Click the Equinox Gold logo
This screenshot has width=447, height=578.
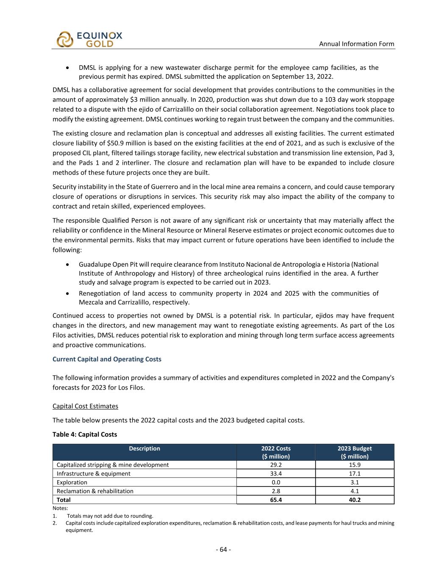(89, 39)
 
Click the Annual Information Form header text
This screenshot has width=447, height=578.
(356, 44)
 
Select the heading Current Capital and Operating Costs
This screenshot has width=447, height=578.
(107, 359)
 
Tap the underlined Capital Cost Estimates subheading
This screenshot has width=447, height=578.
(85, 406)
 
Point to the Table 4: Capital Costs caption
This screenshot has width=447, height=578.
(85, 434)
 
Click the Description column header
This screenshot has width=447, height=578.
(144, 449)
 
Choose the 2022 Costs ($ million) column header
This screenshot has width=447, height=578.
(276, 452)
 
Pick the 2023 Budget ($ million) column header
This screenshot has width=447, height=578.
(355, 452)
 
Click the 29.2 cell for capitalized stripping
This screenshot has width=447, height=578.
(276, 465)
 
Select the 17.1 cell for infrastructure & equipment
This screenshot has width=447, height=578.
(355, 474)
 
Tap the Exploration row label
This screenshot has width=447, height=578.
(72, 482)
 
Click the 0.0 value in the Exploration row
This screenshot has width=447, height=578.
(276, 482)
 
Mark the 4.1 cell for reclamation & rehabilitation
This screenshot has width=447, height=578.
(355, 491)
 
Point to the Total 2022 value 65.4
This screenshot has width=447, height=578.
(276, 500)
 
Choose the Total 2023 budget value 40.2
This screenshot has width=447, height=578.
(355, 500)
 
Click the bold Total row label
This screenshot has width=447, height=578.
(64, 500)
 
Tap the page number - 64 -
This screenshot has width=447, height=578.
(223, 550)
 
